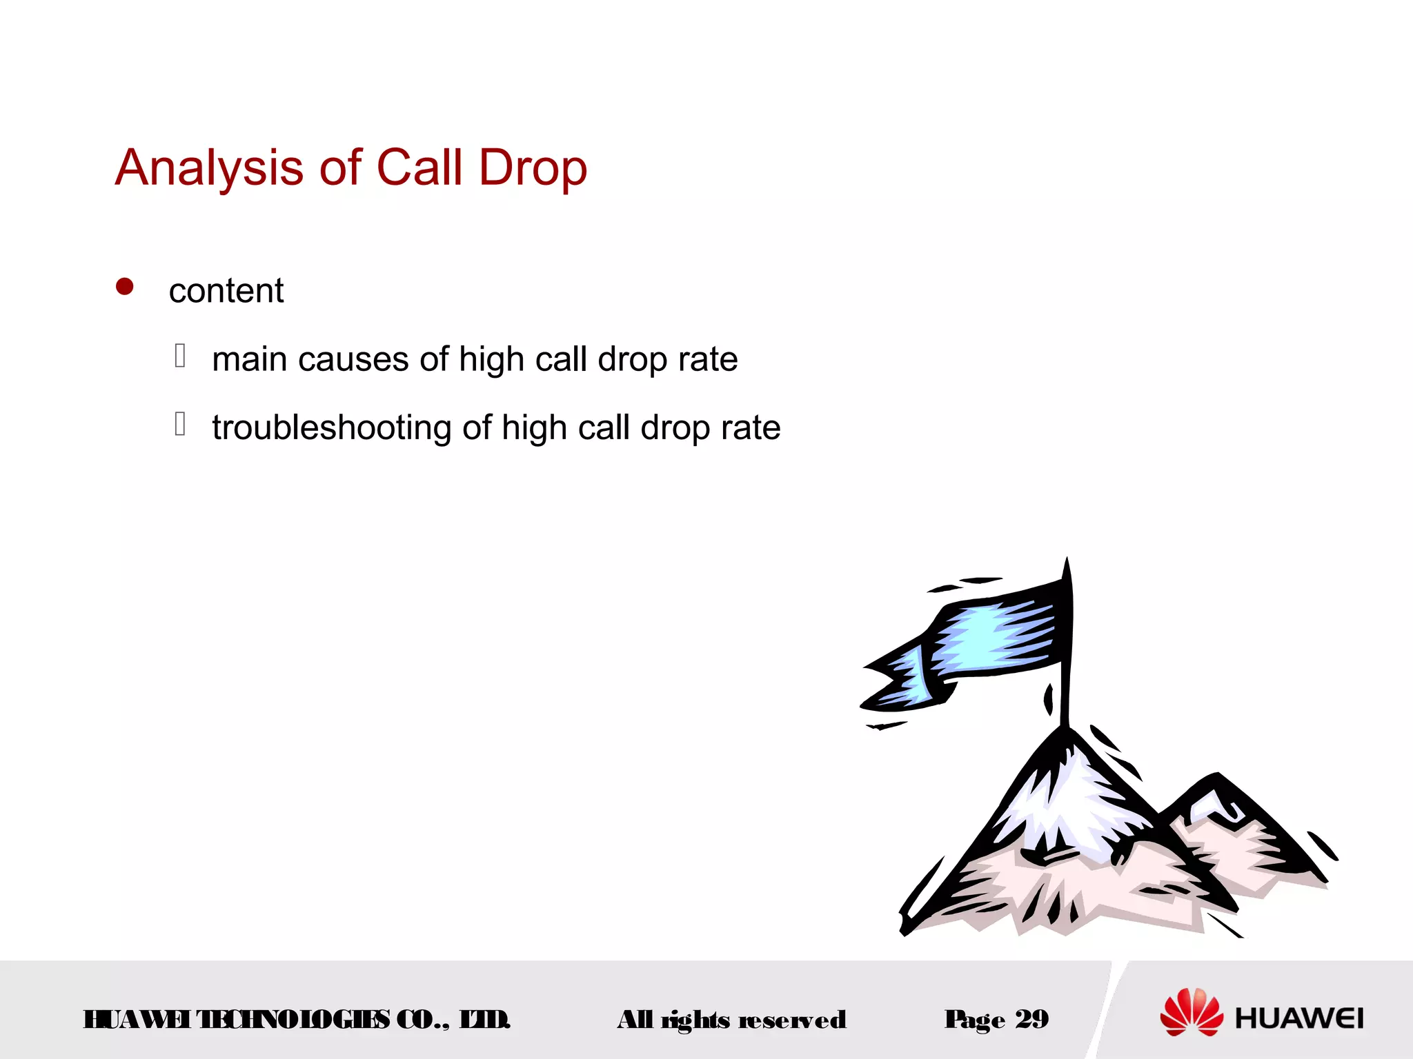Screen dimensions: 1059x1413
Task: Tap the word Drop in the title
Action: click(533, 168)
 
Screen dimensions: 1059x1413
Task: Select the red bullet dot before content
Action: click(125, 287)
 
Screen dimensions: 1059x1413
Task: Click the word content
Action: click(226, 291)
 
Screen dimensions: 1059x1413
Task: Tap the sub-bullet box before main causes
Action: click(180, 356)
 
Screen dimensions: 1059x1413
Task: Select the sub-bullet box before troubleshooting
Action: click(180, 424)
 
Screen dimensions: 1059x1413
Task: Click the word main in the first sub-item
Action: click(248, 360)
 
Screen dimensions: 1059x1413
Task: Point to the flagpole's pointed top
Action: click(1067, 565)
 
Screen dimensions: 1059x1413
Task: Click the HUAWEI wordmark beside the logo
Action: click(1299, 1018)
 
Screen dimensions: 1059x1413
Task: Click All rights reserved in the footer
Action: click(731, 1020)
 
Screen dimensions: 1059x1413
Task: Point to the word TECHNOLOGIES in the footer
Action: click(293, 1020)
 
